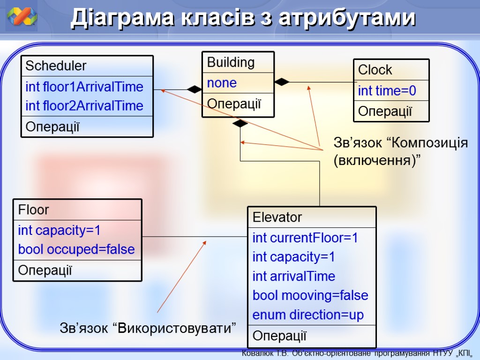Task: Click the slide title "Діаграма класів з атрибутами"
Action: pos(243,19)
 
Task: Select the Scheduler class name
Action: pos(56,66)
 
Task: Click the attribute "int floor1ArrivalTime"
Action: pos(84,87)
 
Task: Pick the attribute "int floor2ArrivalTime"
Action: pos(84,106)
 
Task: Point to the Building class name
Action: pos(231,62)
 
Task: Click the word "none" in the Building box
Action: pos(222,83)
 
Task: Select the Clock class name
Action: pos(375,70)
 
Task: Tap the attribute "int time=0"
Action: pos(387,91)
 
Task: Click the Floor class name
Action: pos(33,210)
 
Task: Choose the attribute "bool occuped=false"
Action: pos(76,249)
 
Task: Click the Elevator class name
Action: pos(277,217)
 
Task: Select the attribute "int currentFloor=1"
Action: pos(305,238)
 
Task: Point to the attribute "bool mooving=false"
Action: pos(310,296)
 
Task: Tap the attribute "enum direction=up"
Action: pos(308,315)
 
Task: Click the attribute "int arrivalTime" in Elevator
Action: pos(294,277)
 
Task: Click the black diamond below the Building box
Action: pos(240,124)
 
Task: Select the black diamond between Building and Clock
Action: pos(282,82)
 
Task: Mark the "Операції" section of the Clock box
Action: pos(385,112)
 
